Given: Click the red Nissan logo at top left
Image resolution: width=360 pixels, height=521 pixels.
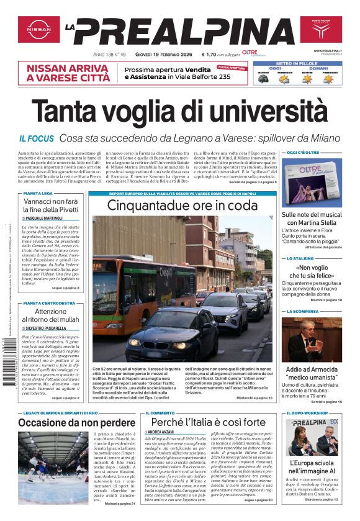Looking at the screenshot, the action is pyautogui.click(x=38, y=29).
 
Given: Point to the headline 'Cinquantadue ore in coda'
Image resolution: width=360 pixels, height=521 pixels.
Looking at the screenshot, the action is pyautogui.click(x=182, y=205).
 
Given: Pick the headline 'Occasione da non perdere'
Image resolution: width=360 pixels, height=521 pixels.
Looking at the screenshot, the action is pyautogui.click(x=68, y=423).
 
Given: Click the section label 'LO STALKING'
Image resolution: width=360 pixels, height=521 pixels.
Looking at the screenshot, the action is pyautogui.click(x=299, y=258).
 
